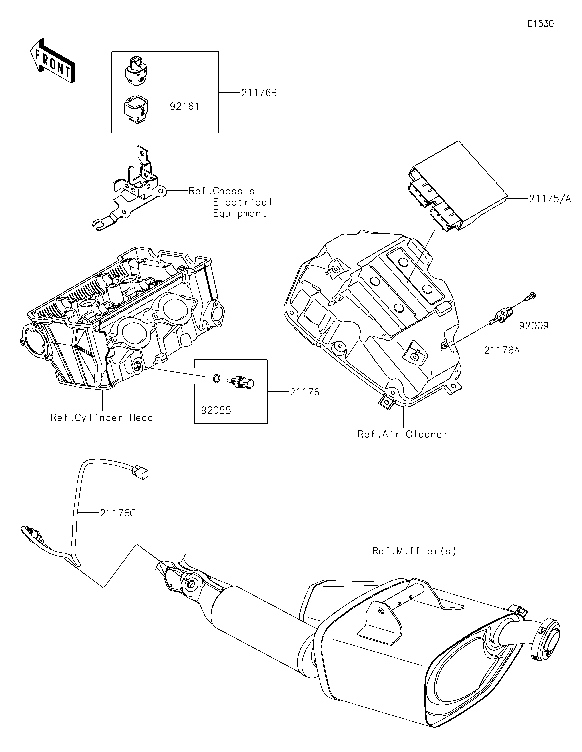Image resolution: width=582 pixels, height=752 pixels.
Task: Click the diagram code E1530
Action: coord(540,24)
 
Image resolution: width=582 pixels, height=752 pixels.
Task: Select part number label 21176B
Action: coord(259,93)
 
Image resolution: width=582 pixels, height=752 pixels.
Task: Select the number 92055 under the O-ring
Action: coord(216,410)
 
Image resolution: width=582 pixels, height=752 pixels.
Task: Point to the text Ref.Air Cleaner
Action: coord(403,434)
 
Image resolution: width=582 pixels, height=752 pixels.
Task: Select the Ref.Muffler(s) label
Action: coord(414,551)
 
